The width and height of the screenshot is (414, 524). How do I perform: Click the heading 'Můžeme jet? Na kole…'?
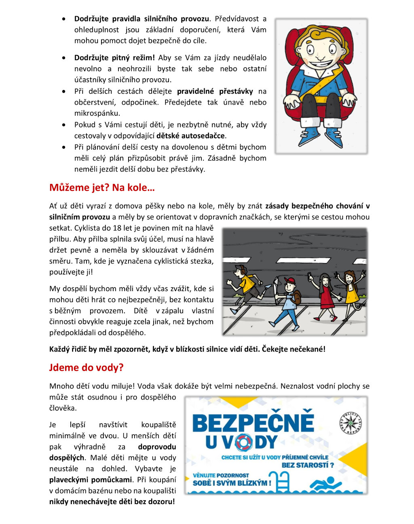pyautogui.click(x=102, y=188)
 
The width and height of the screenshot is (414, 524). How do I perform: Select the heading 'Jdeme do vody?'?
pyautogui.click(x=86, y=368)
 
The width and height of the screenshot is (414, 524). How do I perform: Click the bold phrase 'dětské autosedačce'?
pyautogui.click(x=190, y=136)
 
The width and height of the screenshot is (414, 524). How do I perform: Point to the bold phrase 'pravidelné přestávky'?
pyautogui.click(x=215, y=92)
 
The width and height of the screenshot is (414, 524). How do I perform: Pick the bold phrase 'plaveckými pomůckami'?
pyautogui.click(x=91, y=480)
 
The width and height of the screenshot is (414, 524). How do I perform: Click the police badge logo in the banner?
pyautogui.click(x=350, y=423)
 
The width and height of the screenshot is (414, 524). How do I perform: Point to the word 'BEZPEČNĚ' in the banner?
pyautogui.click(x=253, y=422)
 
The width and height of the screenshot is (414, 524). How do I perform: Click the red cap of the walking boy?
pyautogui.click(x=289, y=281)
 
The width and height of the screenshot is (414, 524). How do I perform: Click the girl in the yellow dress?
pyautogui.click(x=350, y=292)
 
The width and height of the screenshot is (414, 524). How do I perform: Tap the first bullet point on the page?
pyautogui.click(x=64, y=19)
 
